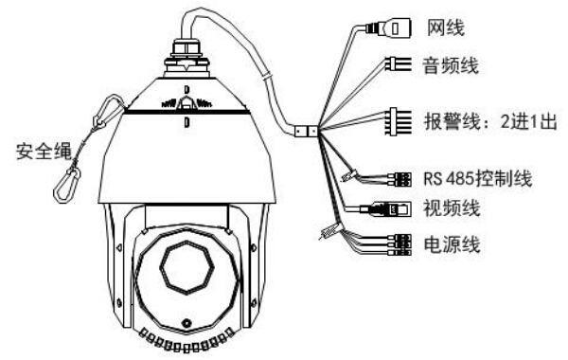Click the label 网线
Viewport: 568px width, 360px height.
(446, 27)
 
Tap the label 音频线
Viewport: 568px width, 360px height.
(451, 65)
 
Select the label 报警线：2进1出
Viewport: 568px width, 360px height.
(490, 121)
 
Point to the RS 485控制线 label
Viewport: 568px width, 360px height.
(478, 178)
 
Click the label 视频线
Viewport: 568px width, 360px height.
(452, 208)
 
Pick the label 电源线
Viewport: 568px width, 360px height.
(453, 244)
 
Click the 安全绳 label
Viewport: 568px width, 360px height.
(44, 151)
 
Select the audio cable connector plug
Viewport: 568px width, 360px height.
(399, 64)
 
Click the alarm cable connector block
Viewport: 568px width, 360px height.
(399, 121)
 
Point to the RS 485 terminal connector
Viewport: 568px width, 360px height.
(399, 179)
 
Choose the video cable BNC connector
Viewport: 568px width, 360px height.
(386, 209)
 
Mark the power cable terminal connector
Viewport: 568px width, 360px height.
(399, 245)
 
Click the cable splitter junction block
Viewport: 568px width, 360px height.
(306, 131)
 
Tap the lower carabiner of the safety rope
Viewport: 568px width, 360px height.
(67, 184)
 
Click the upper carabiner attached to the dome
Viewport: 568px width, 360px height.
(110, 111)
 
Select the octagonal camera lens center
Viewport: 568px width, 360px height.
(186, 267)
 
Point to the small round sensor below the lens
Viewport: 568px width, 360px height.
(186, 323)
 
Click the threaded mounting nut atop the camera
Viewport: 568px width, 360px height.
(186, 61)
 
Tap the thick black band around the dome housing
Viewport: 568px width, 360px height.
(186, 112)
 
